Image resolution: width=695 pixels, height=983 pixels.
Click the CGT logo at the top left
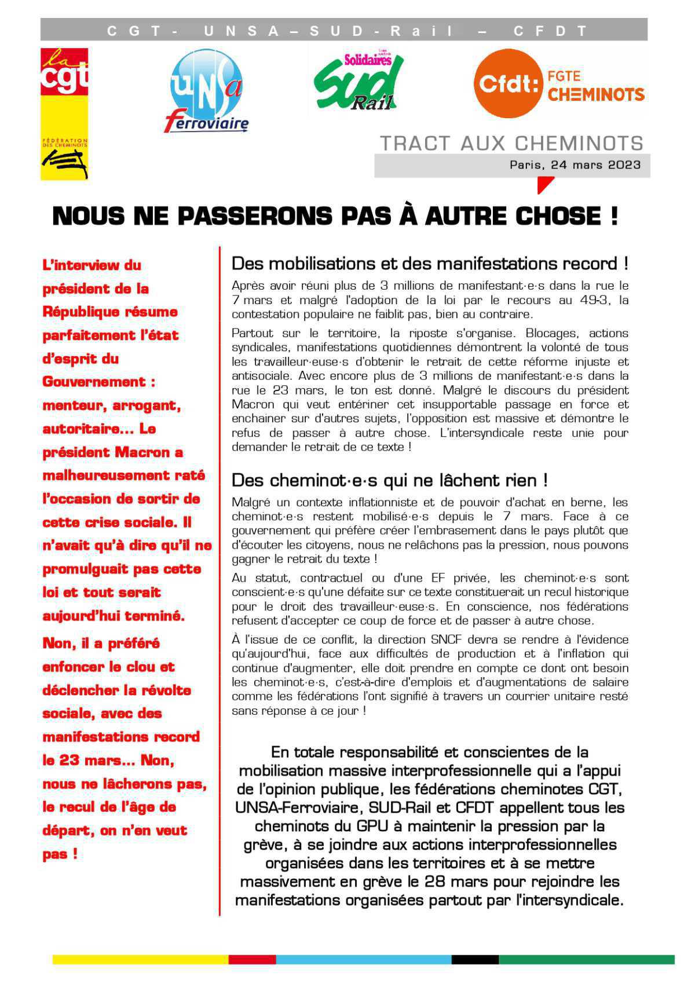click(x=64, y=113)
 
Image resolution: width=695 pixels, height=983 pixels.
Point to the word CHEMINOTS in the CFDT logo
click(x=595, y=94)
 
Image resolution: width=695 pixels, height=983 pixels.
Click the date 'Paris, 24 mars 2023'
click(x=575, y=165)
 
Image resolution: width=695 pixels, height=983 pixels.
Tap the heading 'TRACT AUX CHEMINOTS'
click(x=511, y=143)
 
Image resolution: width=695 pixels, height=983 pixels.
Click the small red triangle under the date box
click(x=544, y=184)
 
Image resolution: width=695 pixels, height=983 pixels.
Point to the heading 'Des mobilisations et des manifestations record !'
click(x=430, y=264)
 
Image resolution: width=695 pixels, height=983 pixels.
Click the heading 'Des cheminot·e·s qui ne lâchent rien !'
click(x=389, y=480)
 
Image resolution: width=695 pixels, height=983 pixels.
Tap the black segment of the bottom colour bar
click(x=474, y=959)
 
